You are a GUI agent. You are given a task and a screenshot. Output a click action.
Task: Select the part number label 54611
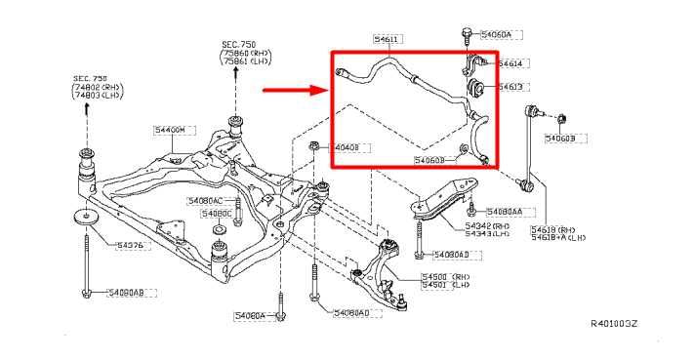click(x=387, y=40)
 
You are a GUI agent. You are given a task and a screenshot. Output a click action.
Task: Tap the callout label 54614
click(x=510, y=63)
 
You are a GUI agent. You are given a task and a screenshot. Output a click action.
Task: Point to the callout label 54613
click(x=510, y=87)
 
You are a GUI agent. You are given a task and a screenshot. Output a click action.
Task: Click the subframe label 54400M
click(x=169, y=129)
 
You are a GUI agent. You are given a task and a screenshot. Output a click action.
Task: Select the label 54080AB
click(x=126, y=292)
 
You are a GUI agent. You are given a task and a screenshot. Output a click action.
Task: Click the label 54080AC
click(x=206, y=200)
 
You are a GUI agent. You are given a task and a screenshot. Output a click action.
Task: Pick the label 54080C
click(x=216, y=213)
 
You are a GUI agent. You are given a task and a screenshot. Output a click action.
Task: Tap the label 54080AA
click(x=505, y=211)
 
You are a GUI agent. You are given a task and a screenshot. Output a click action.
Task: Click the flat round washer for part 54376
click(x=85, y=217)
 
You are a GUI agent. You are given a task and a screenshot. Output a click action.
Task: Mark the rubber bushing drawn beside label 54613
click(x=479, y=89)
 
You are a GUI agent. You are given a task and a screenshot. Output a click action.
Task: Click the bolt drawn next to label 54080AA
click(x=471, y=209)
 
